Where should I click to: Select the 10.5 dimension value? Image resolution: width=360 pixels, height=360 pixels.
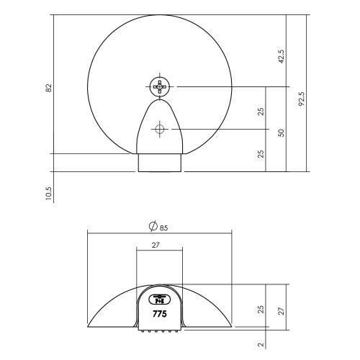(x=48, y=194)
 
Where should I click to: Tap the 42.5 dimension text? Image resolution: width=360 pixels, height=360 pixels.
(x=281, y=56)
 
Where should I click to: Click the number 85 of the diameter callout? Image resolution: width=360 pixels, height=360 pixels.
(x=163, y=228)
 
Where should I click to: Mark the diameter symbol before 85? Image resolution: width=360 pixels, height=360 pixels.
(x=153, y=228)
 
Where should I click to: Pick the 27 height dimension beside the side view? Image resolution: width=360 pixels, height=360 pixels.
(x=282, y=310)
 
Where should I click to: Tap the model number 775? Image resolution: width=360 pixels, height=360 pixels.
(x=159, y=314)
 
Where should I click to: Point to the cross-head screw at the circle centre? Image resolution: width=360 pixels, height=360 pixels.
(x=160, y=87)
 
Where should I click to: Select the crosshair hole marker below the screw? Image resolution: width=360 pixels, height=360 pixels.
(x=160, y=129)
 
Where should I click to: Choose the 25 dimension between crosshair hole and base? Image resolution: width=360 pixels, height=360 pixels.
(x=261, y=153)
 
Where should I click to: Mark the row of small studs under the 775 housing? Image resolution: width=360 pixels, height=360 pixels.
(x=159, y=332)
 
